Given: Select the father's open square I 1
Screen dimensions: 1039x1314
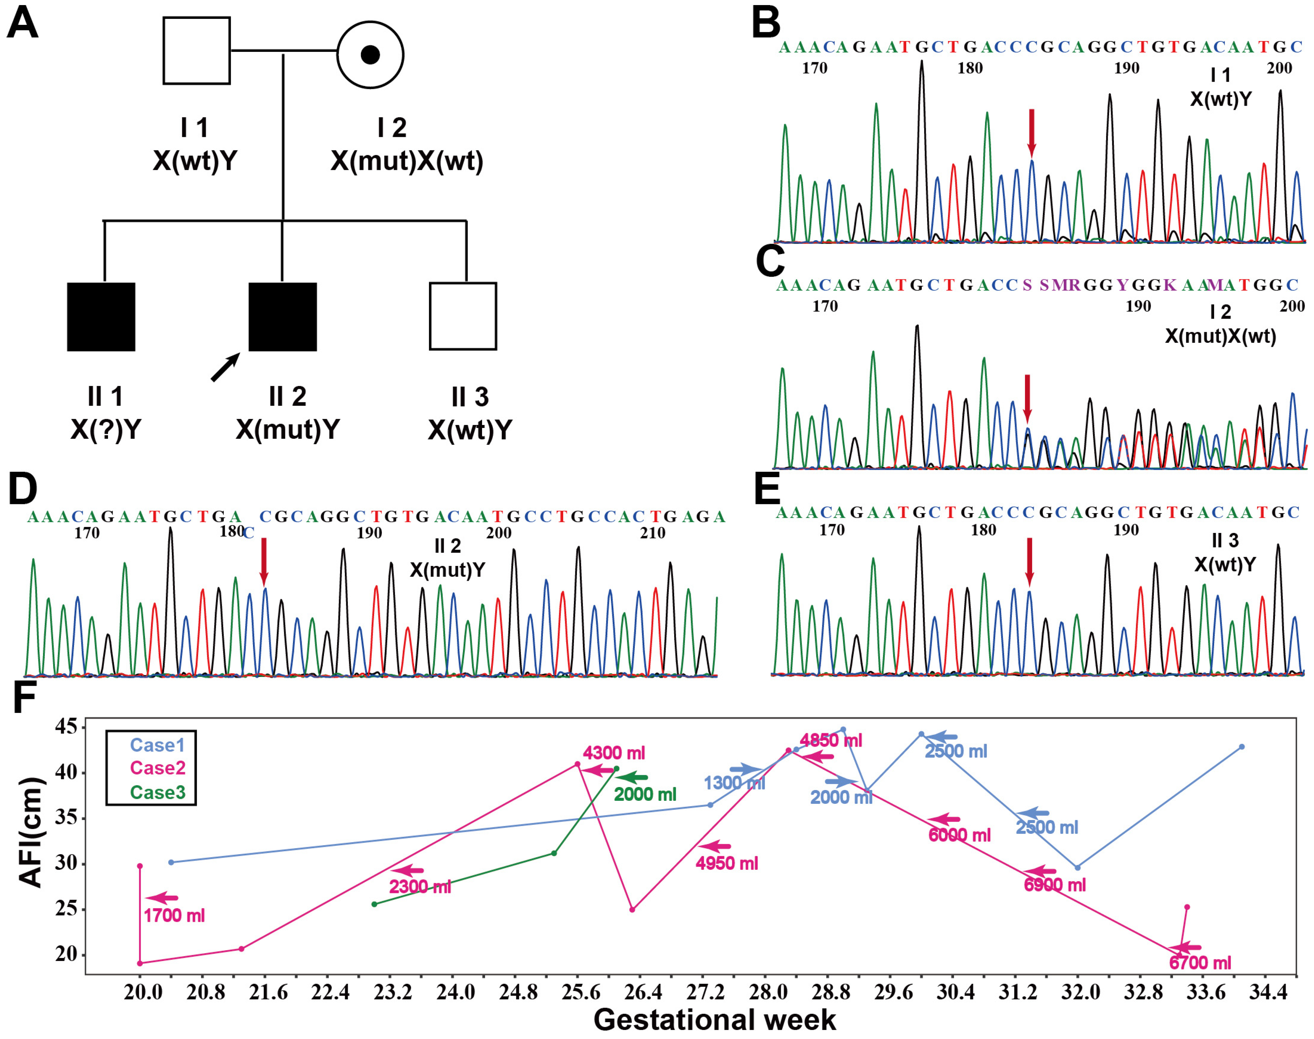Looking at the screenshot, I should [x=196, y=50].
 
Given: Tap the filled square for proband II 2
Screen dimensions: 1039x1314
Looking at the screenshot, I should [x=283, y=317].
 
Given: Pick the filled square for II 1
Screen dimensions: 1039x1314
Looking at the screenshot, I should [x=101, y=317].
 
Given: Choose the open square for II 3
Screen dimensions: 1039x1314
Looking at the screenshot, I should [x=463, y=316].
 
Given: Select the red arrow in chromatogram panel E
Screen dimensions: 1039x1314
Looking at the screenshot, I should [x=1029, y=561].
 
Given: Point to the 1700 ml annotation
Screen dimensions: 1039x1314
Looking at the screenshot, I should [x=174, y=916].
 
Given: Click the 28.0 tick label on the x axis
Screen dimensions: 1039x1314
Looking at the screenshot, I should [x=768, y=992].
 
